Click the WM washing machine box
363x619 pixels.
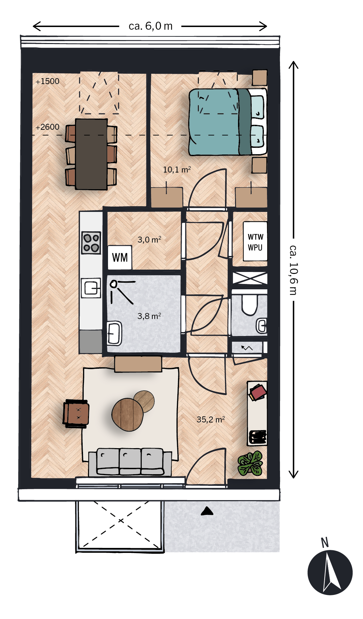(120, 257)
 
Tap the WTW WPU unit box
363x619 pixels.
(255, 241)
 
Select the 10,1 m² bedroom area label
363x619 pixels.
(177, 170)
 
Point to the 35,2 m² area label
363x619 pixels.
(211, 419)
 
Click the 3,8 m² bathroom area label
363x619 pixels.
(149, 316)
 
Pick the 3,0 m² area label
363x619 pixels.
(149, 240)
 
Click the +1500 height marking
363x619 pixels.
(48, 81)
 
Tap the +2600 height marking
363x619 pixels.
(48, 127)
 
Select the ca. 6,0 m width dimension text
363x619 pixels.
(151, 26)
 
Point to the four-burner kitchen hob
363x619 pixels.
(91, 243)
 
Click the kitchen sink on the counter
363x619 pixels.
(91, 288)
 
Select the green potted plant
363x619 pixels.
(251, 463)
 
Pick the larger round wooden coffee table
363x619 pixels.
(128, 415)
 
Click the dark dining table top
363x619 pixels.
(91, 154)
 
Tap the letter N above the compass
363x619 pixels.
(325, 543)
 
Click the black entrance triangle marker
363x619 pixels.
(207, 511)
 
